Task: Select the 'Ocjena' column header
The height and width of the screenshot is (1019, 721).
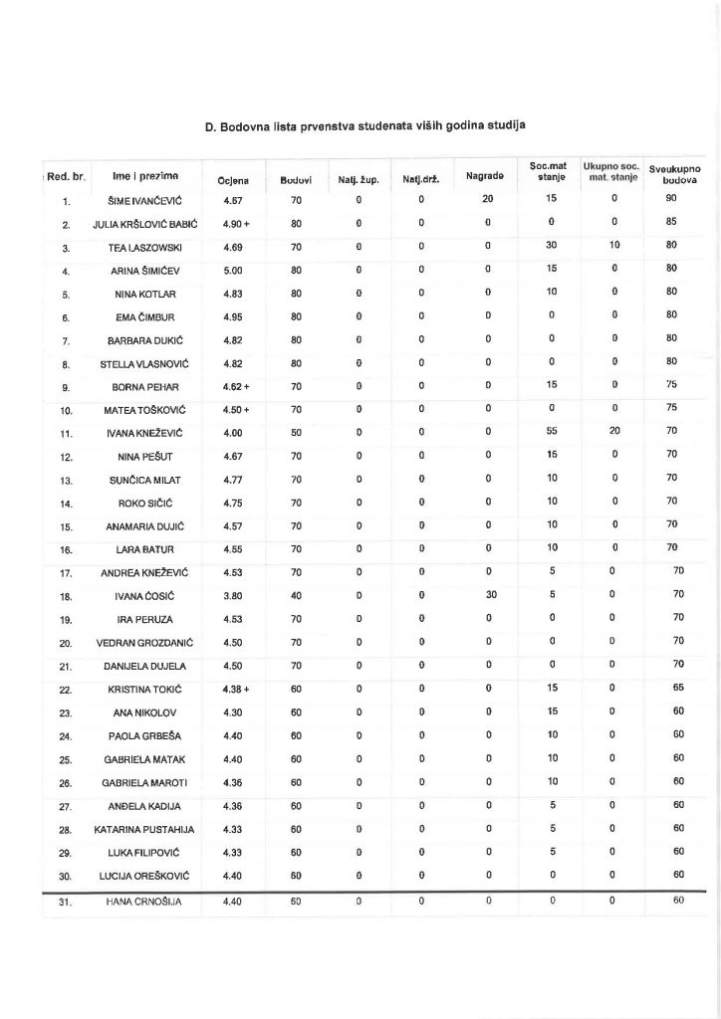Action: (232, 180)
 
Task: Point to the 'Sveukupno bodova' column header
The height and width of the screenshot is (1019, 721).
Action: (673, 176)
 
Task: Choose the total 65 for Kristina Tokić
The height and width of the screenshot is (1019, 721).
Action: (677, 688)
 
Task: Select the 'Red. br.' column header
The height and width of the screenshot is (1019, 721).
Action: (66, 176)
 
